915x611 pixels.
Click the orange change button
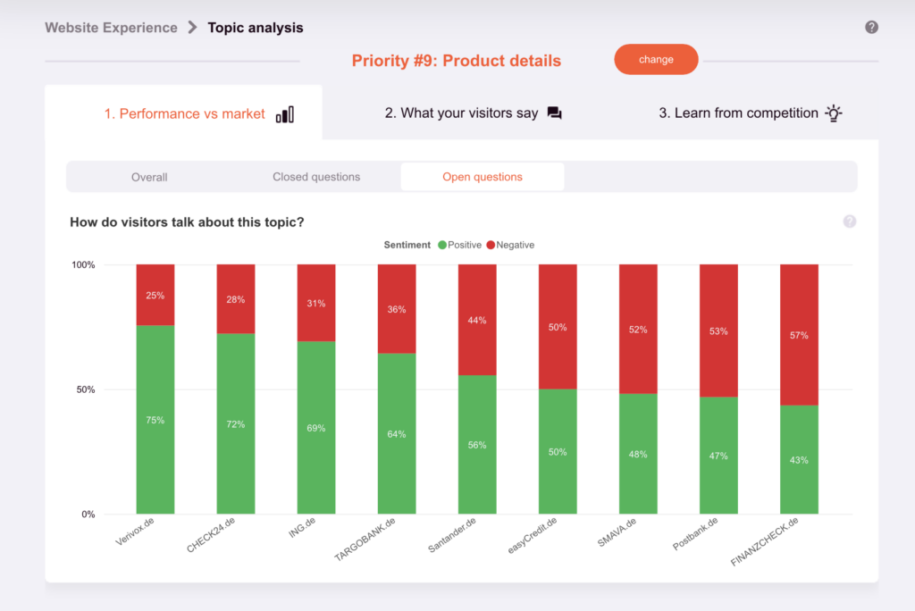point(656,60)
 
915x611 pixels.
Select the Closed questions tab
point(316,177)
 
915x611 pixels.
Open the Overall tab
point(149,177)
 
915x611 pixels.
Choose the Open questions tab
point(483,177)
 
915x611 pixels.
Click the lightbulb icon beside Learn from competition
point(833,113)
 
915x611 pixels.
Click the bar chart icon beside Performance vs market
point(285,114)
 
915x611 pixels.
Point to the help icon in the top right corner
point(872,28)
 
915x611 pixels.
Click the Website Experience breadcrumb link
point(112,28)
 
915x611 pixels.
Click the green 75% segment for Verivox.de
point(155,420)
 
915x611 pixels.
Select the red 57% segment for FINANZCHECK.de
point(799,335)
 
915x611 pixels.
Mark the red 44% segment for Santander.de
point(477,320)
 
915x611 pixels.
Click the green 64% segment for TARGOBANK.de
point(397,434)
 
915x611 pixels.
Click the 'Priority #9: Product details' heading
point(456,61)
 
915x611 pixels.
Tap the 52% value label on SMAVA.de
point(638,329)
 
